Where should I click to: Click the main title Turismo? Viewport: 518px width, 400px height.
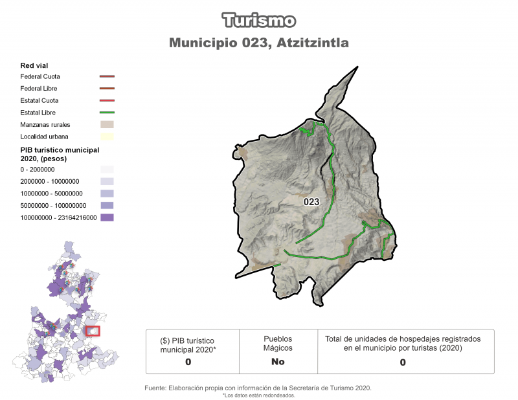point(259,20)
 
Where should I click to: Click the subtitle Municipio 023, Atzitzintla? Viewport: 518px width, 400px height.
point(259,43)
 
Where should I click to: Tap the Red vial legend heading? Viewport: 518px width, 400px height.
point(34,65)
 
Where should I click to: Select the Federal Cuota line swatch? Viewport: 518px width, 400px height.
point(107,76)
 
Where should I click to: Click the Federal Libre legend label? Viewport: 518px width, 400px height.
point(39,88)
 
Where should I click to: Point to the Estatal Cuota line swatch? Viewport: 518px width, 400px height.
point(107,100)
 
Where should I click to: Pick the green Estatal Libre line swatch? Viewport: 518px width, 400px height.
point(107,113)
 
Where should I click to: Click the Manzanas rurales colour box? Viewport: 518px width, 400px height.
point(107,124)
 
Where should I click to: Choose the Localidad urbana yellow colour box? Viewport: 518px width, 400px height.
point(107,137)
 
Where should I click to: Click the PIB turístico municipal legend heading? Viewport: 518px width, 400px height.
point(60,153)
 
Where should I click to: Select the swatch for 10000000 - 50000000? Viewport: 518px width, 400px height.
point(107,193)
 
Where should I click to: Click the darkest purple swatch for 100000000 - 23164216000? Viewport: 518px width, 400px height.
point(107,217)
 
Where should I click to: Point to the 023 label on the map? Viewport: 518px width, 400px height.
point(311,202)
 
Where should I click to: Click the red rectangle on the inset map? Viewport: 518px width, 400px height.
point(93,331)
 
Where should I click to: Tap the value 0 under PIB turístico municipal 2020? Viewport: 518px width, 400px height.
point(188,362)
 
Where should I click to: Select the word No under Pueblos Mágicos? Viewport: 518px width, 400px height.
point(278,362)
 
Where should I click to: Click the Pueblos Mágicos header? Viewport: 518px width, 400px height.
point(278,343)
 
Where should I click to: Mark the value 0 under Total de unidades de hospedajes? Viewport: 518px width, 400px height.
point(403,362)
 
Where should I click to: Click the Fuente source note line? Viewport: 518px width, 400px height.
point(257,388)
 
